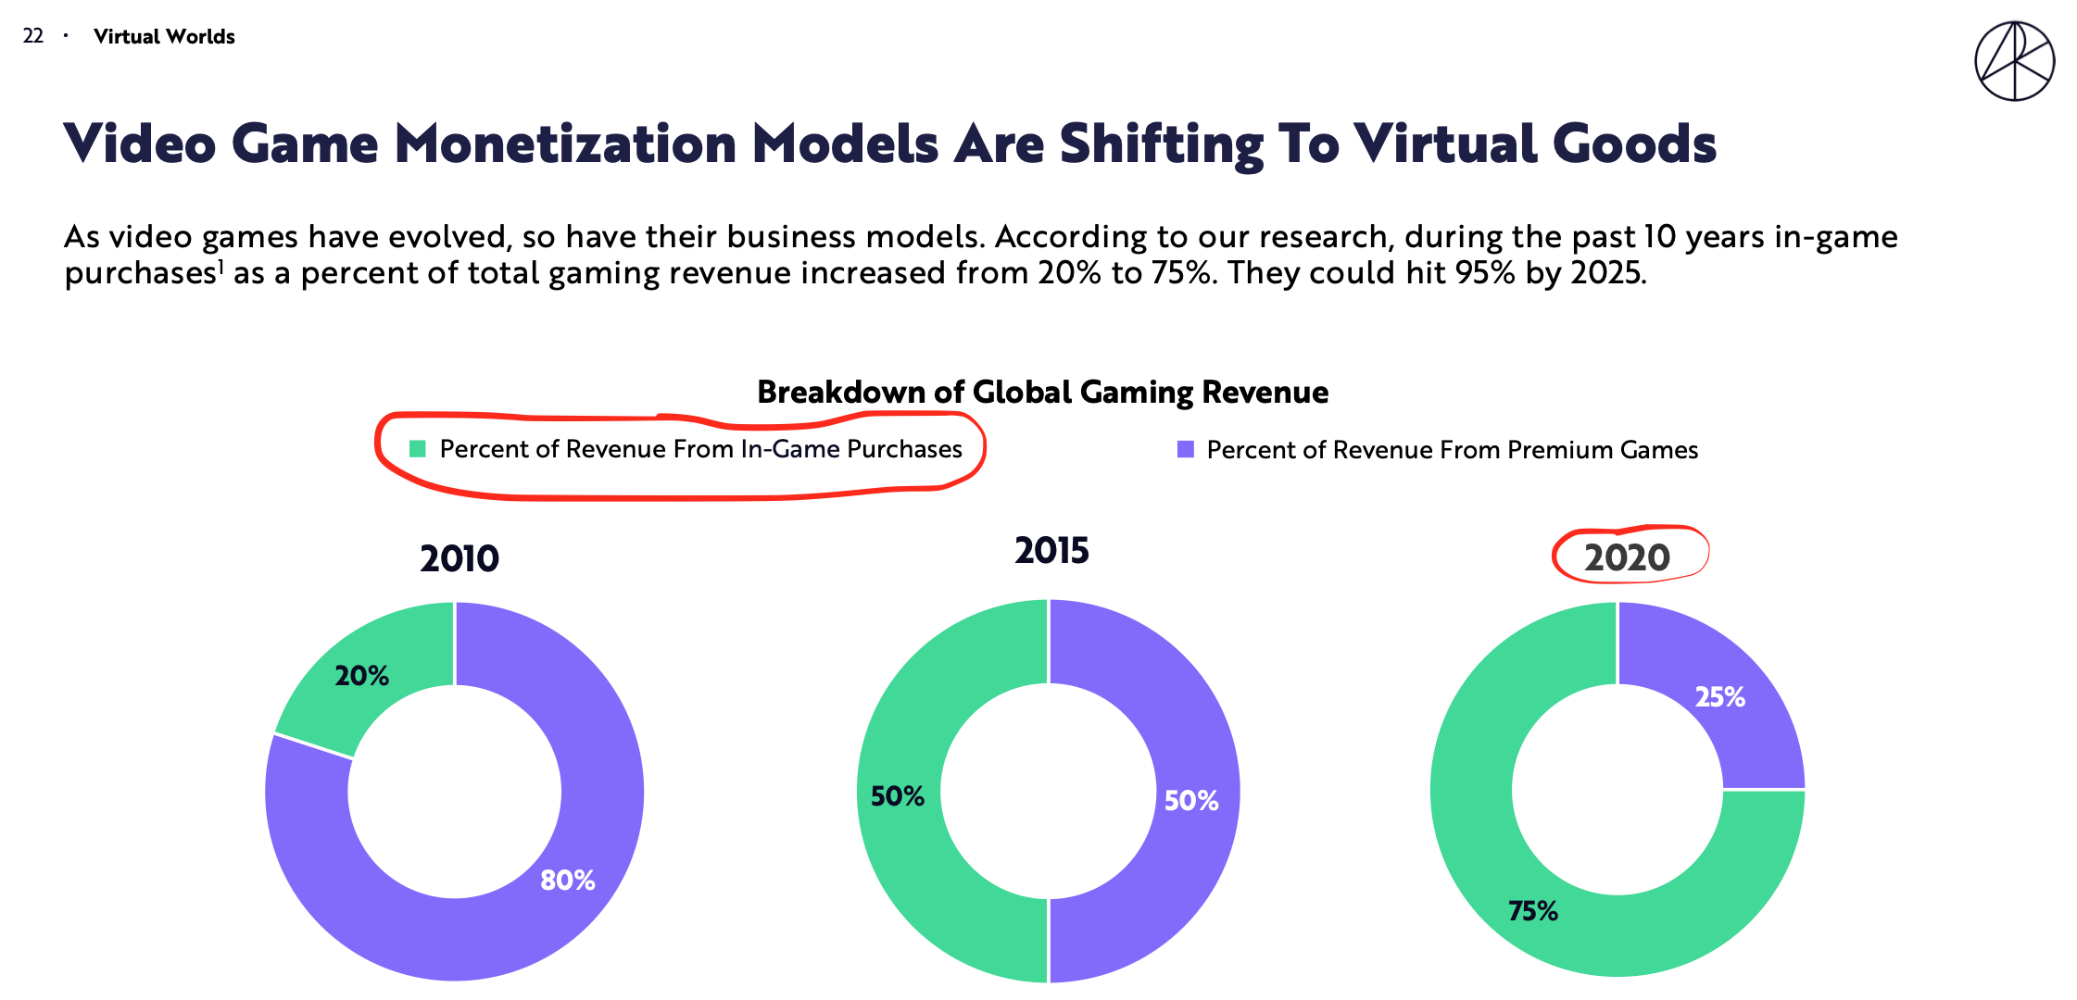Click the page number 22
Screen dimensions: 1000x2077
[33, 36]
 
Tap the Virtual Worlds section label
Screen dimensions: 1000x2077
[164, 37]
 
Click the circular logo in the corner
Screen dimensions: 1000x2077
[2014, 62]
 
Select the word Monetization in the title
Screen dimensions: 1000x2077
[565, 144]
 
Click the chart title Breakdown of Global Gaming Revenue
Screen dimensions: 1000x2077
[1042, 393]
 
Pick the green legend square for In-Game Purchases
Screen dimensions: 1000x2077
[418, 449]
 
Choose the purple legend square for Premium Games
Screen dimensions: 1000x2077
[1185, 450]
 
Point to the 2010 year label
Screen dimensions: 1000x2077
[459, 559]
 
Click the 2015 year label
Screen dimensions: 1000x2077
[1051, 551]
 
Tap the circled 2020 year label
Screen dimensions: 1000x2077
[1627, 557]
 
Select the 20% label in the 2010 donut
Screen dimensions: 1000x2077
[362, 676]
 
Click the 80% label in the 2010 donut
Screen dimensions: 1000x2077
[568, 880]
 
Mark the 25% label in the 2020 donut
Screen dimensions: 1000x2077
[1720, 697]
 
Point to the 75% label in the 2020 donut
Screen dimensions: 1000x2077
[1533, 911]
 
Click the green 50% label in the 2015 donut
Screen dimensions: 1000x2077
[898, 796]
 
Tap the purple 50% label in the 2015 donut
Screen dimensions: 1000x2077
[1191, 801]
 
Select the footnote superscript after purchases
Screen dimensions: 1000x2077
[220, 267]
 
